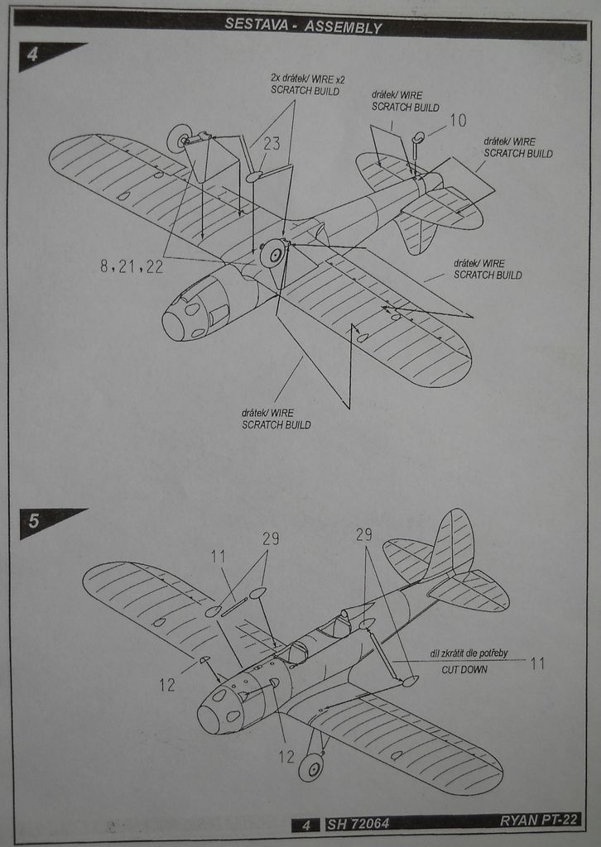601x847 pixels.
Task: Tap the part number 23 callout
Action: point(272,143)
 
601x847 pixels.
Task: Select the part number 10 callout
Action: point(458,121)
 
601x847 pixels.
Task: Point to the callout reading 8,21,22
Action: point(132,266)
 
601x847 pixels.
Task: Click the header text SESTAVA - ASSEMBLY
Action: point(303,26)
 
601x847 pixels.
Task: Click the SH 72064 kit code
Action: point(358,824)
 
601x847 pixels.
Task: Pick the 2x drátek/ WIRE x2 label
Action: point(308,84)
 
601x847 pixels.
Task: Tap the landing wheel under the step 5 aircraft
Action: point(311,768)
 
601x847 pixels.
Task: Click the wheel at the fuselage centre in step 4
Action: point(272,253)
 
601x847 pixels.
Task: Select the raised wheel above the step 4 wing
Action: point(179,138)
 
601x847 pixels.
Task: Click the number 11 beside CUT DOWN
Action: point(537,663)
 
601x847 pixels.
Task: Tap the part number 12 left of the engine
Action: point(167,684)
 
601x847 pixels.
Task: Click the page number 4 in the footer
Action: point(305,824)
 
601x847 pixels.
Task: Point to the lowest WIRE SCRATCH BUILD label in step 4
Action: point(276,419)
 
